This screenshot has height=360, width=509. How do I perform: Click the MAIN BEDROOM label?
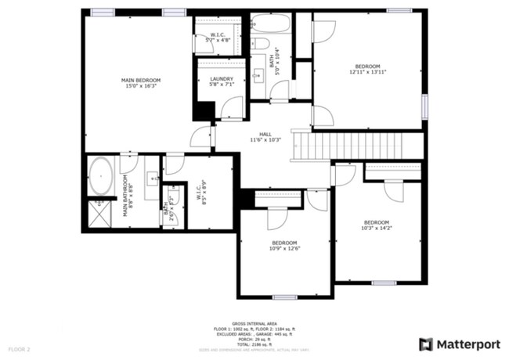click(x=141, y=81)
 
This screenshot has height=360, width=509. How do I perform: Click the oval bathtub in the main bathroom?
click(x=100, y=177)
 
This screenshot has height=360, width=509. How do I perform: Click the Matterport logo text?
click(x=464, y=344)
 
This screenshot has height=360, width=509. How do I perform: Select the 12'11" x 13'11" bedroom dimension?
click(x=367, y=72)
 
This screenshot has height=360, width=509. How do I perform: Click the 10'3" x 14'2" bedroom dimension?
click(x=376, y=228)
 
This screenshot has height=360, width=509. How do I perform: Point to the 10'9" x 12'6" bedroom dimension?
click(x=285, y=249)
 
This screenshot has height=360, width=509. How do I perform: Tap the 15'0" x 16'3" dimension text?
click(x=141, y=87)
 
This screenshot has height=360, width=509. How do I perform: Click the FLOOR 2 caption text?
click(x=20, y=348)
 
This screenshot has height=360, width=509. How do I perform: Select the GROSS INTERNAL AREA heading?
click(x=254, y=322)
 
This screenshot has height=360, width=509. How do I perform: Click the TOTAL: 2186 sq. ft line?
click(x=254, y=344)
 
